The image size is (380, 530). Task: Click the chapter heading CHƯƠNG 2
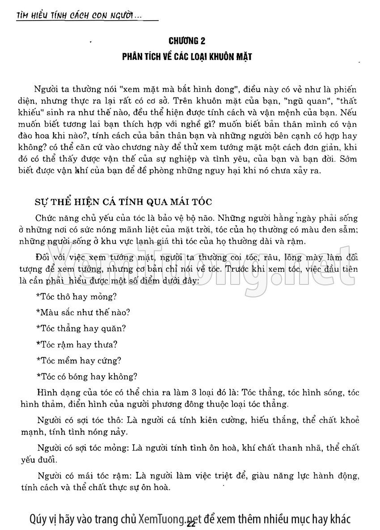187,42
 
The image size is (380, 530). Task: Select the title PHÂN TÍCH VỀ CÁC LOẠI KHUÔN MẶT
187,57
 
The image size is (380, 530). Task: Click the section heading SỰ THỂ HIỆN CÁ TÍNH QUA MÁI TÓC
123,201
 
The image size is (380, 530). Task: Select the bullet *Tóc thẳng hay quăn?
80,328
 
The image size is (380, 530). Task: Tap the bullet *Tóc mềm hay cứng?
78,360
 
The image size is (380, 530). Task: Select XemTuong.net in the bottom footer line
169,519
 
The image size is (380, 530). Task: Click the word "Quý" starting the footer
37,519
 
